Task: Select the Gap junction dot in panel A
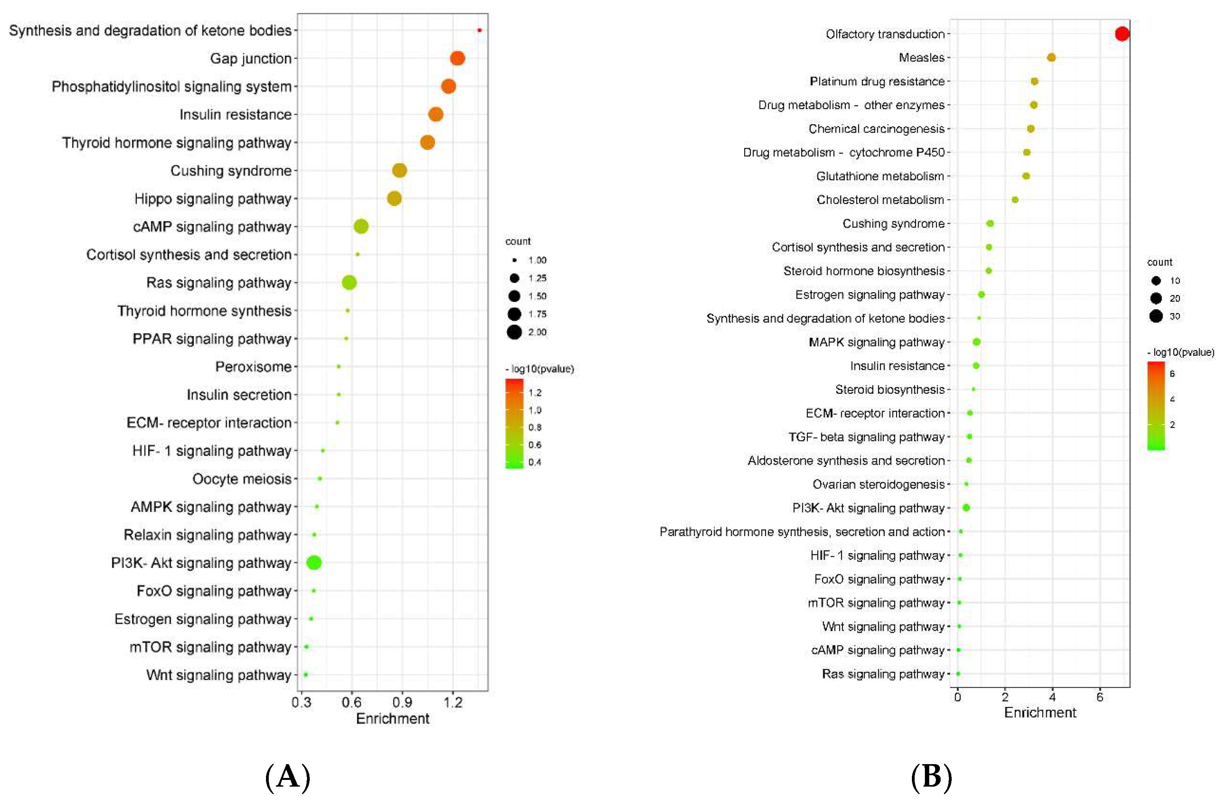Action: tap(457, 58)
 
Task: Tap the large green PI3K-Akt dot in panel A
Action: tap(314, 563)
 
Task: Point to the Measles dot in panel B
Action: tap(1051, 58)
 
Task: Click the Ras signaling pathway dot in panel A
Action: tap(349, 282)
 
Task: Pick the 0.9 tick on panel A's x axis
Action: tap(402, 703)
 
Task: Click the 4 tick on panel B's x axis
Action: tap(1052, 697)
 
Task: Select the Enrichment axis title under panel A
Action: tap(392, 719)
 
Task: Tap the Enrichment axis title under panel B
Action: tap(1040, 712)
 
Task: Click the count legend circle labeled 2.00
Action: tap(514, 332)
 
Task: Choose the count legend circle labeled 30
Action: tap(1156, 316)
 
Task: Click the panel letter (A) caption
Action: tap(288, 777)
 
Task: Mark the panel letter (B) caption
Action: tap(931, 777)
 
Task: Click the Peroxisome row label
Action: tap(253, 367)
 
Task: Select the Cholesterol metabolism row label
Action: tap(880, 200)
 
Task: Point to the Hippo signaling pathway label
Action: tap(212, 199)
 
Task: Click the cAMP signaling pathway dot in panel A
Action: tap(361, 226)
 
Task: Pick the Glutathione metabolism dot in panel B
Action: tap(1026, 176)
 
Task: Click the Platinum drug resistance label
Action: tap(877, 81)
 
